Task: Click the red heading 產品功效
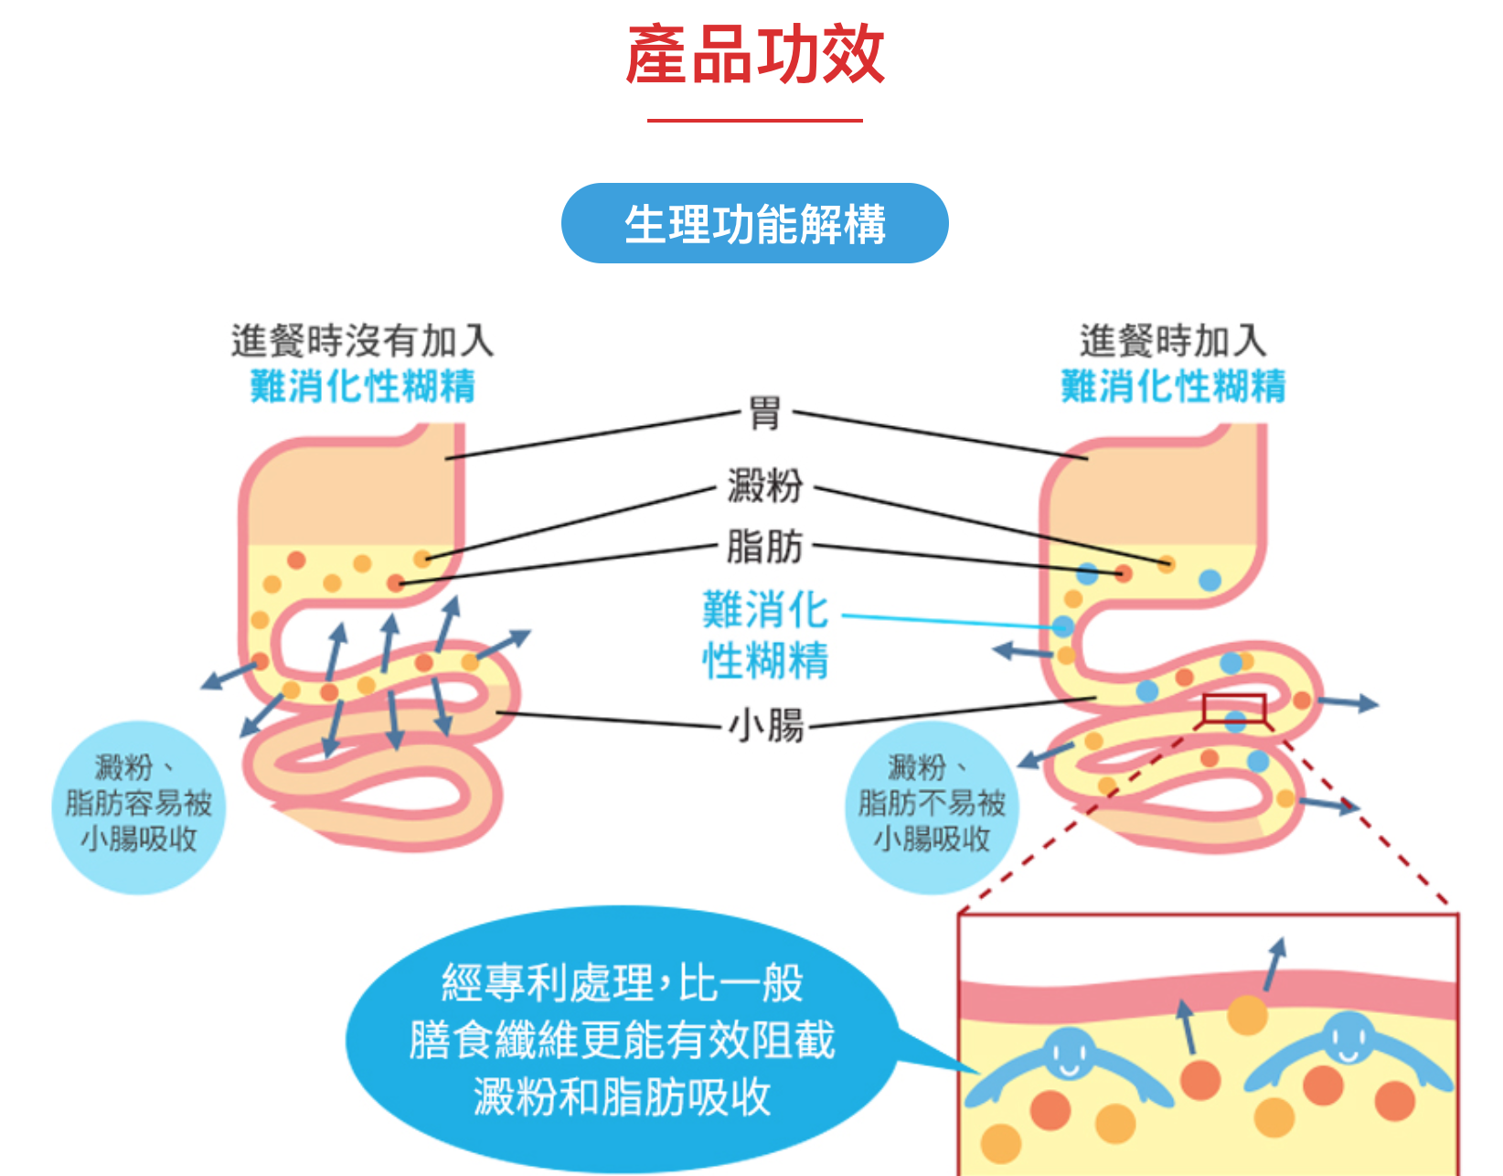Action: (x=754, y=55)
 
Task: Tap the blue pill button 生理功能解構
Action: (x=754, y=224)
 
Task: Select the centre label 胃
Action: (x=764, y=413)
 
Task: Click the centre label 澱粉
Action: (x=764, y=485)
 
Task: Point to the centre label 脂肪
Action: (x=764, y=547)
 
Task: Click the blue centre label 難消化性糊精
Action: (x=765, y=635)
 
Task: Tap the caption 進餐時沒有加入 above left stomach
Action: (x=362, y=341)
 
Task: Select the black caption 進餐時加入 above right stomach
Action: (x=1173, y=341)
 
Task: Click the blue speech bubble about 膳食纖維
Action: (x=622, y=1040)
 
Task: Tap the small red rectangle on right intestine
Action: (x=1233, y=708)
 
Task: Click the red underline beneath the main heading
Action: (x=754, y=120)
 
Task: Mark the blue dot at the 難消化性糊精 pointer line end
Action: (x=1062, y=626)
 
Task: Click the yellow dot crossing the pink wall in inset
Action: (x=1247, y=1014)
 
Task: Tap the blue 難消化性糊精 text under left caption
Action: (x=362, y=386)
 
